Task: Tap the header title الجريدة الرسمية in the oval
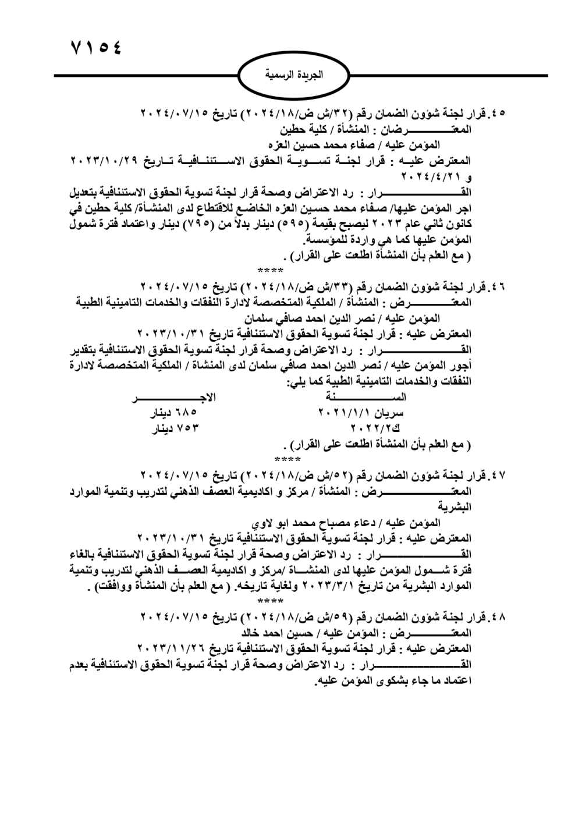(294, 76)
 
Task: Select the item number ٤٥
(498, 113)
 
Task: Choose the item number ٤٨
(498, 616)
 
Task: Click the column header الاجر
(175, 397)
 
